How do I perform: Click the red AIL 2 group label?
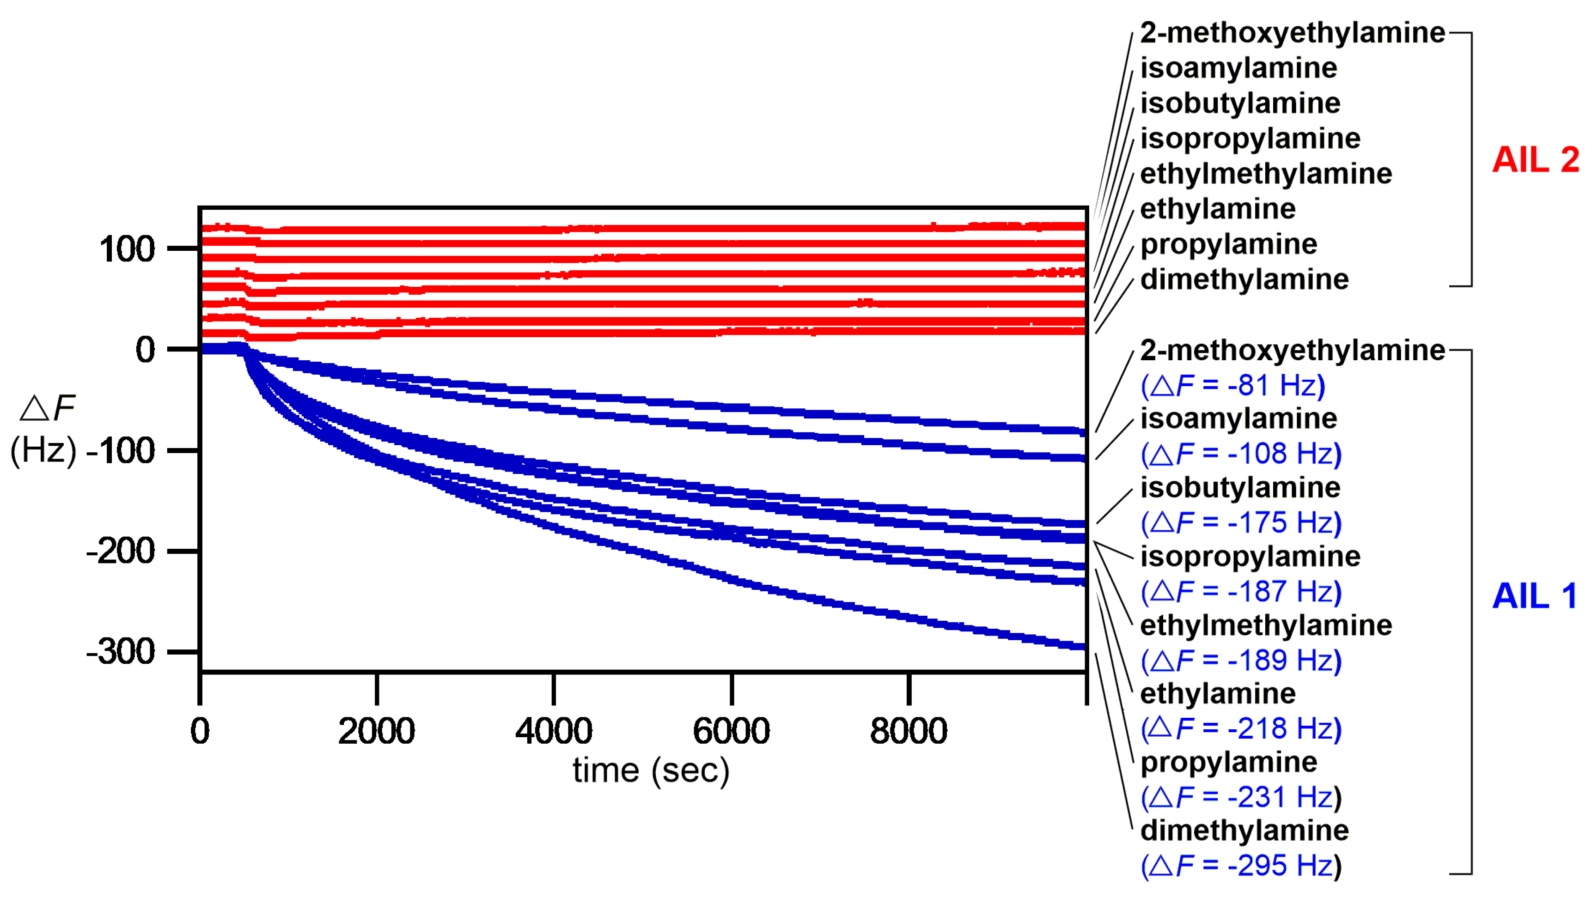coord(1535,160)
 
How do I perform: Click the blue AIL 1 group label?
coord(1534,596)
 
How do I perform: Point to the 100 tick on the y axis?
coord(127,249)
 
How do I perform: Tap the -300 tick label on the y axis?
coord(121,652)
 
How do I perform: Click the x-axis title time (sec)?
coord(651,770)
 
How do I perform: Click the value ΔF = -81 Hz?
coord(1233,386)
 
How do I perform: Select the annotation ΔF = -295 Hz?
coord(1241,866)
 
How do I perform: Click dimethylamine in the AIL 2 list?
coord(1244,279)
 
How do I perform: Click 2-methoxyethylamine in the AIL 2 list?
coord(1292,33)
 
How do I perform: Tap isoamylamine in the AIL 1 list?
coord(1238,419)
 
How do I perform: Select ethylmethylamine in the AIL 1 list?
coord(1266,625)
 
